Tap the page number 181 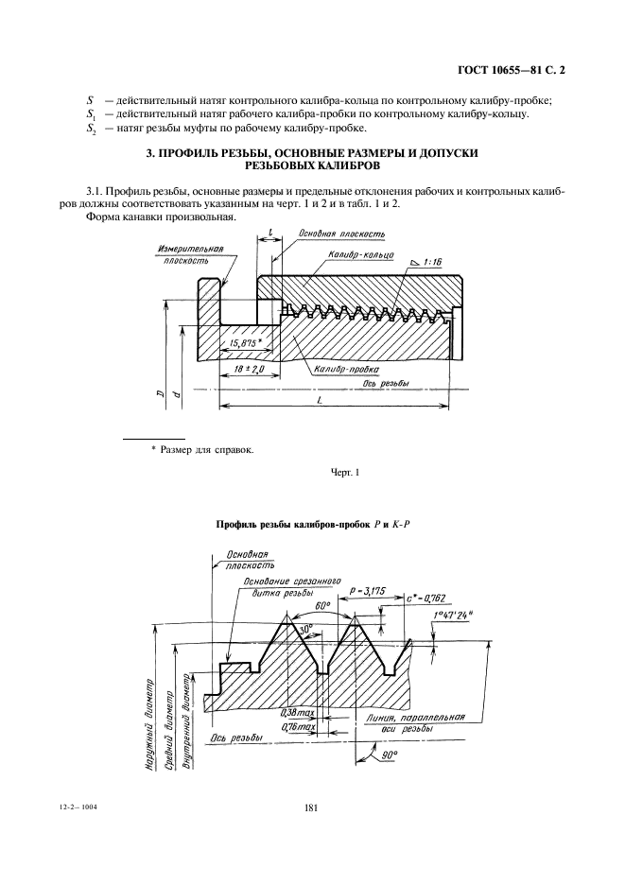coord(312,808)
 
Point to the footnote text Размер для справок coord(207,449)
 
